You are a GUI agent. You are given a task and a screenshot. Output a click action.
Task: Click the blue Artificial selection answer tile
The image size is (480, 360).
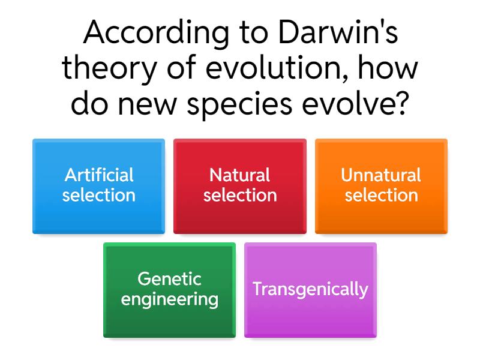coord(98,186)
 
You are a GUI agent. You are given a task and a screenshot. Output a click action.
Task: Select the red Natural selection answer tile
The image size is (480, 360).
coord(240,186)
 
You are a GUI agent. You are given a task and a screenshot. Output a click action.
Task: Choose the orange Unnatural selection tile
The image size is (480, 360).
coord(381,186)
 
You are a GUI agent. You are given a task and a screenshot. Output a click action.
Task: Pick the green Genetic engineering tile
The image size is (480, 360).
coord(170,290)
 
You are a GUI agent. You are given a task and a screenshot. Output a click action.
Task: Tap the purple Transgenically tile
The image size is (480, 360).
coord(310,290)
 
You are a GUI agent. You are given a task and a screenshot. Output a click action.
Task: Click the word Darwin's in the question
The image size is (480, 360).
coord(338,32)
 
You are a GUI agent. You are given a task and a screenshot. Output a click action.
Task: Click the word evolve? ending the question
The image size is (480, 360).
coord(356,103)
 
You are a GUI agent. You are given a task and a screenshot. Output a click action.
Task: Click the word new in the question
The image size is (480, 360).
coord(147,106)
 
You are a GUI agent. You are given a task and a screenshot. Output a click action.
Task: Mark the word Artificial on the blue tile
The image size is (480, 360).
coord(99,175)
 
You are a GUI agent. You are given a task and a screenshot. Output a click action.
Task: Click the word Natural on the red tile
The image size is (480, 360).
coord(239,175)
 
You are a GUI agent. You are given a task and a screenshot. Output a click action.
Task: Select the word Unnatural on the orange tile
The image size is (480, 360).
coord(381,175)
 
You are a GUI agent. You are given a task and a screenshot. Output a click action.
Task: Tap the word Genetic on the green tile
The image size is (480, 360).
coord(170,279)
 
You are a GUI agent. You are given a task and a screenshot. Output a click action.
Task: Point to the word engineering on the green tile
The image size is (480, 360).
coord(170,299)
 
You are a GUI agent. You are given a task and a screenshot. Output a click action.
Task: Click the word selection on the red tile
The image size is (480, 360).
coord(240,196)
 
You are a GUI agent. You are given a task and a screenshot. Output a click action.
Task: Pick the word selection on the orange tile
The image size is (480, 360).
coord(382,196)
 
